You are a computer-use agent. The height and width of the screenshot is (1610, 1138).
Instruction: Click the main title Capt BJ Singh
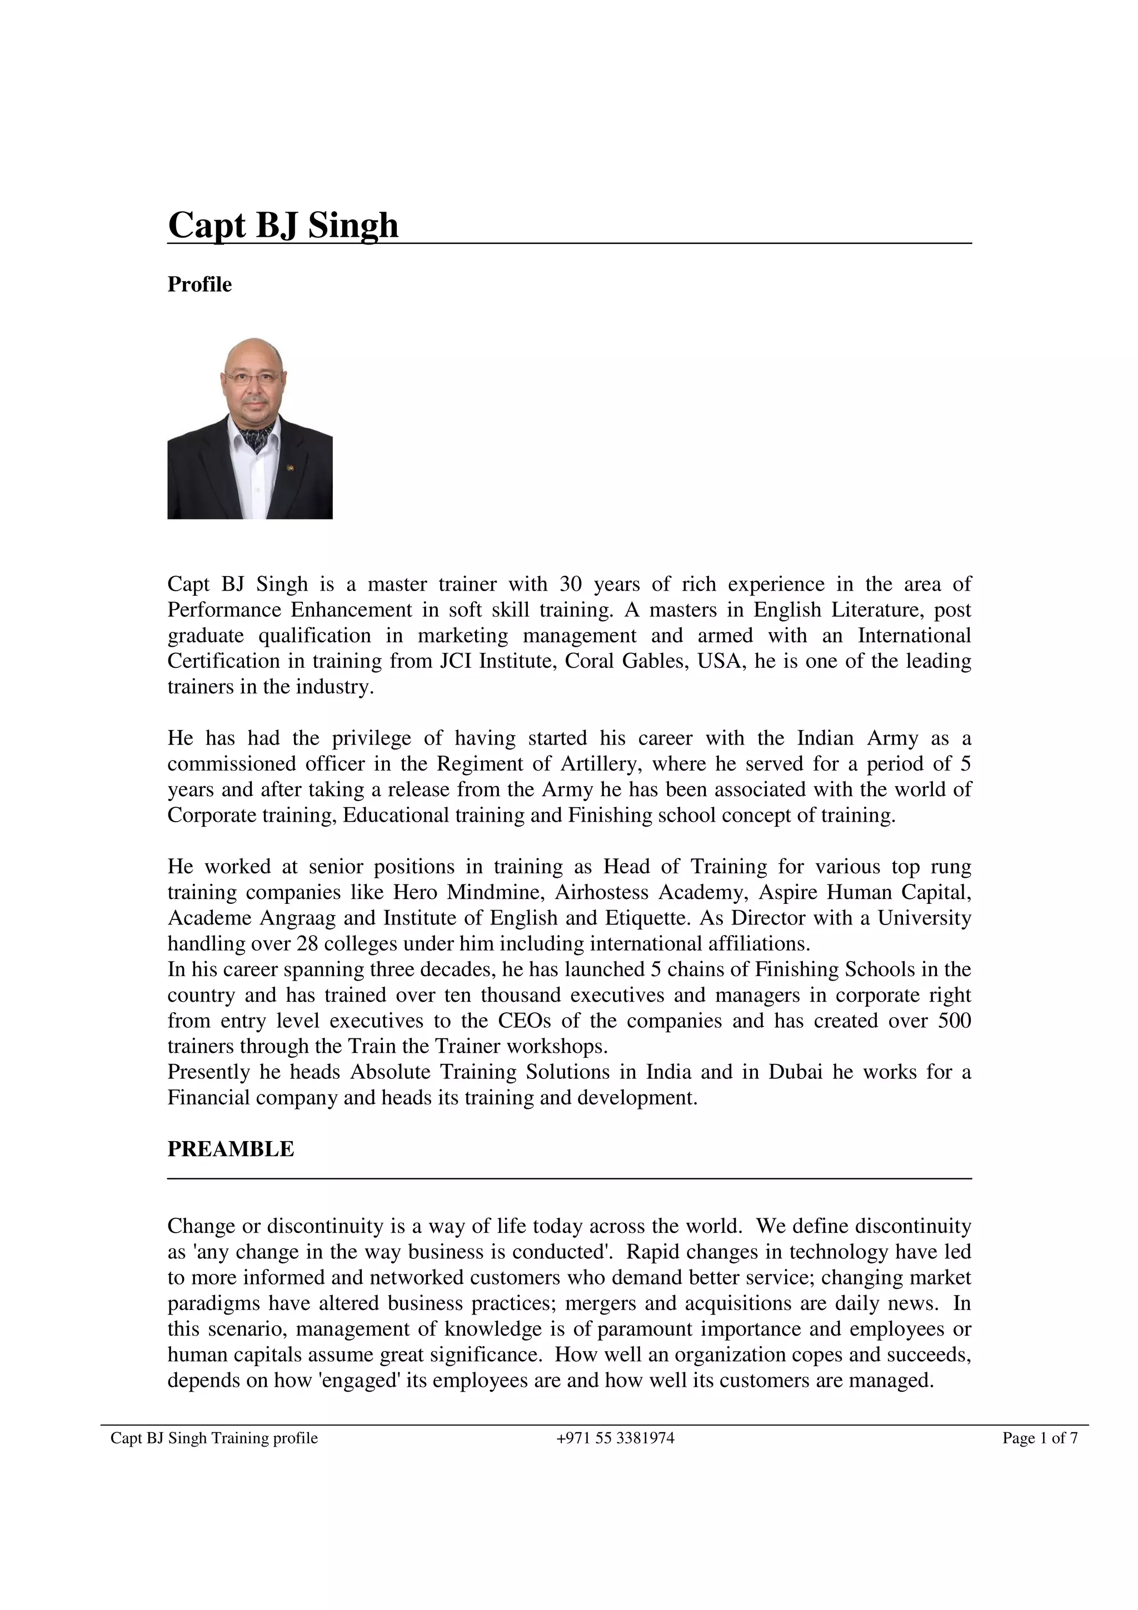click(x=283, y=225)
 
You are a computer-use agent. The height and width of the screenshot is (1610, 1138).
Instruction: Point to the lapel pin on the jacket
click(x=289, y=465)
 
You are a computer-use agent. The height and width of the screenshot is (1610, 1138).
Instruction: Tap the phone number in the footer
click(x=615, y=1438)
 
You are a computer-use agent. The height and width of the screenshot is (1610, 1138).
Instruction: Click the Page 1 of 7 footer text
click(x=1039, y=1438)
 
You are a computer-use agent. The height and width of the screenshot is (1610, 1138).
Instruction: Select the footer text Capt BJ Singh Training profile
click(x=214, y=1438)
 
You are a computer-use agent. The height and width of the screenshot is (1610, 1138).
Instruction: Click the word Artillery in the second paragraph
click(x=600, y=764)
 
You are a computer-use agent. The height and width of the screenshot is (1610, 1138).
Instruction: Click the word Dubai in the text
click(x=795, y=1072)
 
